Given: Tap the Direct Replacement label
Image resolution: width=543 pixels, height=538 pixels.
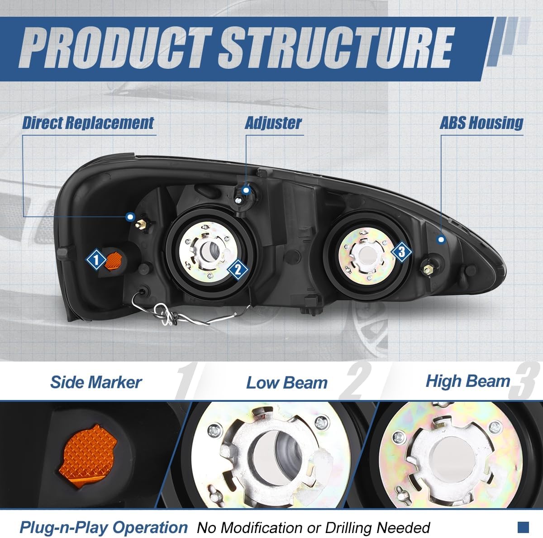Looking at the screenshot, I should click(x=88, y=123).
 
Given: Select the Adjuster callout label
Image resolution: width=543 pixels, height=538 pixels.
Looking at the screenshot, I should click(x=273, y=123).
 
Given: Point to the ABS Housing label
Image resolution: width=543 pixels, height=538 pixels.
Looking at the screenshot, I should click(x=481, y=123).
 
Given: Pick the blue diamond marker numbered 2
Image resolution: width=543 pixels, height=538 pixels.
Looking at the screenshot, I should click(x=238, y=270).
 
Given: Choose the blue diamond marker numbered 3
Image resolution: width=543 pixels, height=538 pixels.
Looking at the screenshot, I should click(x=401, y=252).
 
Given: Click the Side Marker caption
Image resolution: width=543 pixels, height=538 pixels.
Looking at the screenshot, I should click(x=96, y=382).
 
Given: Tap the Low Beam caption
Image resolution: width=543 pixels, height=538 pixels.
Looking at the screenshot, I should click(x=286, y=383).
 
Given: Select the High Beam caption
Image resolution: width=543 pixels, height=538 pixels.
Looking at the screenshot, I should click(x=467, y=381).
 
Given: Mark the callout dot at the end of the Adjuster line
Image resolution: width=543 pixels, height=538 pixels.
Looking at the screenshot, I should click(x=246, y=190).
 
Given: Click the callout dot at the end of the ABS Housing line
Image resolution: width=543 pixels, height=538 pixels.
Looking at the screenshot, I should click(x=442, y=240).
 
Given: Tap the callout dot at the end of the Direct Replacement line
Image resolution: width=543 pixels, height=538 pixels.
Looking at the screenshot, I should click(x=131, y=217).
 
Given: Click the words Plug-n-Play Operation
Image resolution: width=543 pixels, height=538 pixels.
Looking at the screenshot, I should click(x=103, y=527).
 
